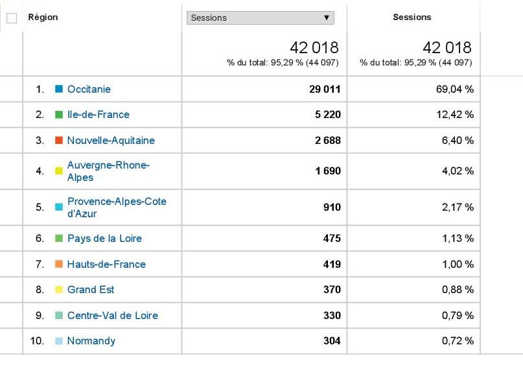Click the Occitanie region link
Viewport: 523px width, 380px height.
point(89,89)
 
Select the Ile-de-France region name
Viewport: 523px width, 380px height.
point(98,115)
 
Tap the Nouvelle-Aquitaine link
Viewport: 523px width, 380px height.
point(111,140)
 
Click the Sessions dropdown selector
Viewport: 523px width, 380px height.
point(261,18)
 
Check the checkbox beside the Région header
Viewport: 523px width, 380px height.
point(11,18)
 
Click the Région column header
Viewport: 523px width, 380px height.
point(43,18)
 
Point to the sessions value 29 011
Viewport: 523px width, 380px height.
point(325,89)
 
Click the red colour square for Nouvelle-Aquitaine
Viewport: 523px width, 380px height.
point(59,140)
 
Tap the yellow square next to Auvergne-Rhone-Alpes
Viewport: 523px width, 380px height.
point(59,171)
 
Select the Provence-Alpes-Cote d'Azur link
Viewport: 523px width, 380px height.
point(117,208)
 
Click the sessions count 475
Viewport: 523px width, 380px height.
point(331,239)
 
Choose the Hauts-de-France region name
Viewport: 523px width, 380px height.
point(106,264)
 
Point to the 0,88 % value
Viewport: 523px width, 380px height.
point(458,290)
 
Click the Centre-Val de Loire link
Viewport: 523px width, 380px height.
point(112,316)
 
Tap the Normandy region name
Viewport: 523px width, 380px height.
point(91,341)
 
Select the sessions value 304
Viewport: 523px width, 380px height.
point(331,341)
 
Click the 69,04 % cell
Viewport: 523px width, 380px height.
point(455,89)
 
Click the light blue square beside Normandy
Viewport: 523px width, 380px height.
point(59,341)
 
